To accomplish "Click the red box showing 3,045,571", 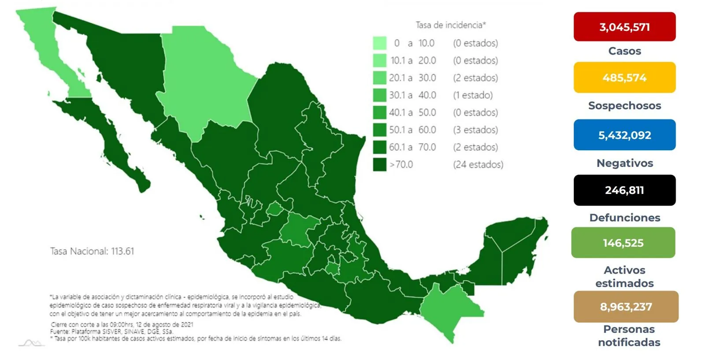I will tap(624, 27).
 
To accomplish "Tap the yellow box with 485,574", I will tap(624, 78).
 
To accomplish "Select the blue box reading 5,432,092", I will tap(624, 135).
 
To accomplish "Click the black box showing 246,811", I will tap(624, 190).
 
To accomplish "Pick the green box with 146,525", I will tap(623, 243).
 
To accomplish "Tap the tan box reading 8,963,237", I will tap(626, 307).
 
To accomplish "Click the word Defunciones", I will tap(624, 218).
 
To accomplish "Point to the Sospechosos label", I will tap(624, 106).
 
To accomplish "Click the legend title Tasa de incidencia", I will tap(450, 25).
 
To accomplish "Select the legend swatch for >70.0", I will tap(379, 165).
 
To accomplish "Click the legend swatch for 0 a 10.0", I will tap(379, 43).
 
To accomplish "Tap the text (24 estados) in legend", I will tap(478, 165).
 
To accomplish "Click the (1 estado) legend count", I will tap(473, 95).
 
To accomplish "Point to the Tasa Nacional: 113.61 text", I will tap(92, 251).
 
